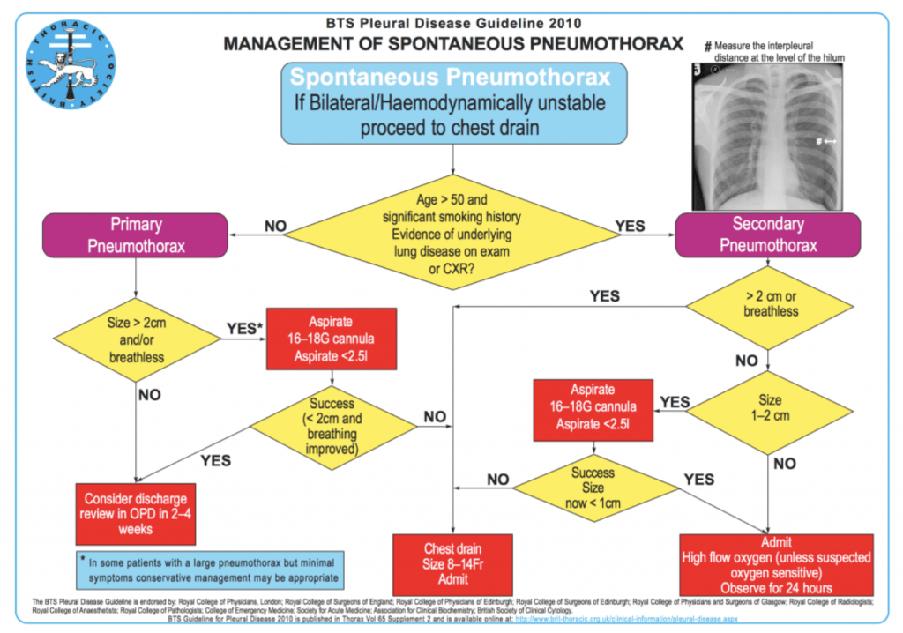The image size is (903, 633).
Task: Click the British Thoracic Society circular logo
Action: click(73, 64)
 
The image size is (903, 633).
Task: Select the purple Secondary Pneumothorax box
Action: click(766, 235)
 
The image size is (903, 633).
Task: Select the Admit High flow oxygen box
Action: click(776, 563)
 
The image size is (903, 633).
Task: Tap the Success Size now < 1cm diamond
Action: click(593, 487)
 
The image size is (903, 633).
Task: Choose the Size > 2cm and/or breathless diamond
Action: click(136, 339)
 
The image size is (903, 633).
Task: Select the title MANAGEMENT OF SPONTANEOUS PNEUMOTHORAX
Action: click(453, 43)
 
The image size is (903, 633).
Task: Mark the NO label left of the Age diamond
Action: click(275, 227)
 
